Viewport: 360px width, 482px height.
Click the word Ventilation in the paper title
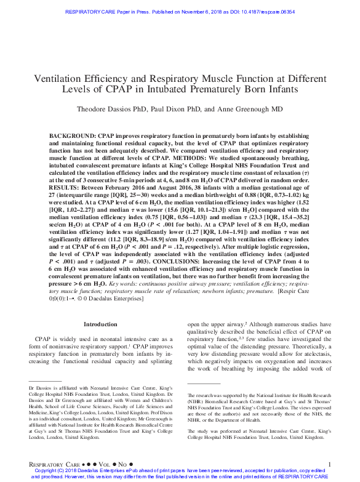pos(60,79)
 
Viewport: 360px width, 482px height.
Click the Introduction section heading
pos(100,324)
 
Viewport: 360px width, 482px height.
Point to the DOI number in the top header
pos(265,11)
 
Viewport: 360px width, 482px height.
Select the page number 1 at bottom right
pos(329,465)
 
